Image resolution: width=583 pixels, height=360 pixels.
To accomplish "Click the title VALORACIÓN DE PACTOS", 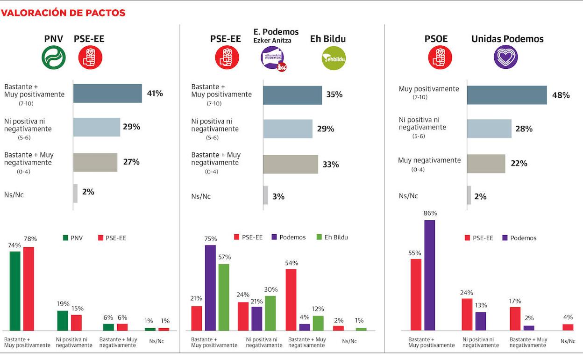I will [63, 13].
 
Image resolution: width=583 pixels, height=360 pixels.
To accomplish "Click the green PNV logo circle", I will [54, 58].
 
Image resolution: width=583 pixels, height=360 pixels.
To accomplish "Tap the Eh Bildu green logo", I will [334, 58].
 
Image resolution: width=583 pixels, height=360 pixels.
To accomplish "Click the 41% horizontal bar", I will [107, 94].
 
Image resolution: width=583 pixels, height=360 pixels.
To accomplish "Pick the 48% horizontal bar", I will [507, 95].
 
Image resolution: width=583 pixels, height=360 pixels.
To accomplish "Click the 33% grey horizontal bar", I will [291, 165].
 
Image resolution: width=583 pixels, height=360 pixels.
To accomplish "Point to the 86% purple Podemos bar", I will [430, 275].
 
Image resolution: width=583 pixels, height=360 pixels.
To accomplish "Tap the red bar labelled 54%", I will [291, 300].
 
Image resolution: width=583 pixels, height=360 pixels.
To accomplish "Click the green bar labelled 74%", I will [15, 291].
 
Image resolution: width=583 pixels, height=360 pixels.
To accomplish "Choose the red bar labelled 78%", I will [28, 289].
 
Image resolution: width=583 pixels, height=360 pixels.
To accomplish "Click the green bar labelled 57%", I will [224, 297].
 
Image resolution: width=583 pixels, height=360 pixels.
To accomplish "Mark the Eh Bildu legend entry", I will [332, 238].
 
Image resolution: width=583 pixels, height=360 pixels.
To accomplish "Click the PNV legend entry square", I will [66, 238].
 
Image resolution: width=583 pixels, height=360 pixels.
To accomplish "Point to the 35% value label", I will [334, 95].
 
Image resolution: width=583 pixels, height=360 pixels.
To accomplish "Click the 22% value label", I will [519, 164].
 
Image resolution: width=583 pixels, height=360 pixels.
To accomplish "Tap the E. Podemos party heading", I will [276, 32].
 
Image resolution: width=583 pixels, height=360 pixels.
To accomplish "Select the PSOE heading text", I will [436, 39].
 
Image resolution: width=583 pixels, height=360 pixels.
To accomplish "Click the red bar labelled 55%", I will [416, 295].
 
